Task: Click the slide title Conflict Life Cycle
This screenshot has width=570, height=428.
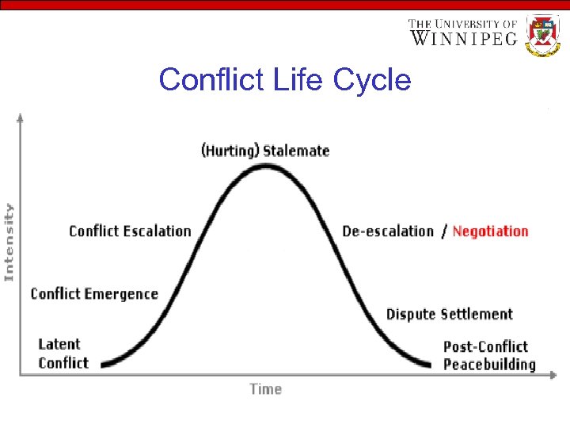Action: (x=285, y=80)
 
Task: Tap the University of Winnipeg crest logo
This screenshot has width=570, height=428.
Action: (x=543, y=35)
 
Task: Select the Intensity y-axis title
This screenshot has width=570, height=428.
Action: (x=9, y=242)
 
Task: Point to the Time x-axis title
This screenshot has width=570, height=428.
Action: (x=265, y=388)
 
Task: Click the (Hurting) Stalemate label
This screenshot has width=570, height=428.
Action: (x=265, y=151)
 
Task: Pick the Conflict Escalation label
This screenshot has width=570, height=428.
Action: (x=130, y=231)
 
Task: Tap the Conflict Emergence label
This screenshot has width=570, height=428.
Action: (x=94, y=294)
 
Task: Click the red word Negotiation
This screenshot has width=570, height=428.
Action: (x=490, y=231)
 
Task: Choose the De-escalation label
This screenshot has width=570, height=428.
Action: (x=388, y=231)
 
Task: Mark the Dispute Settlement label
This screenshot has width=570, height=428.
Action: (x=449, y=315)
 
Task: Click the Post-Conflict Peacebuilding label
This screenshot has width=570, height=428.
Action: (x=489, y=356)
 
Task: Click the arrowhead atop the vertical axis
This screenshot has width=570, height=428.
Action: (x=21, y=117)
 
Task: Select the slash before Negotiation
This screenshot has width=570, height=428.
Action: (x=444, y=231)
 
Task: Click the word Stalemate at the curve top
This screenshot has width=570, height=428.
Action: (x=295, y=151)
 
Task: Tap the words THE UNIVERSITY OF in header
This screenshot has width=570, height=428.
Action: (x=463, y=24)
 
